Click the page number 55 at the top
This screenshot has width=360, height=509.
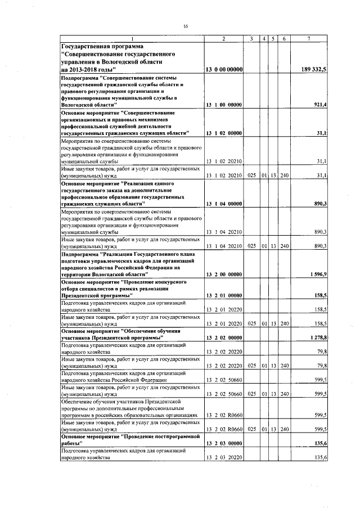[186, 26]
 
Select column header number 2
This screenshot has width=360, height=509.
[224, 38]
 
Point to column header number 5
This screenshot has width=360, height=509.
[273, 38]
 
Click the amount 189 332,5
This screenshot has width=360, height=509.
[318, 69]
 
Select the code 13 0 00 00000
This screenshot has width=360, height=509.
[224, 69]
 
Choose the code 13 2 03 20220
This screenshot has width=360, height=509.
[224, 459]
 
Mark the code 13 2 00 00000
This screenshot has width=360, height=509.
[224, 274]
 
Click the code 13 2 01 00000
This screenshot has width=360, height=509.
[224, 295]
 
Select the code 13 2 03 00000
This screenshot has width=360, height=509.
[224, 443]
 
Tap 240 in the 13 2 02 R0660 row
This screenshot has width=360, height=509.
[284, 429]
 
